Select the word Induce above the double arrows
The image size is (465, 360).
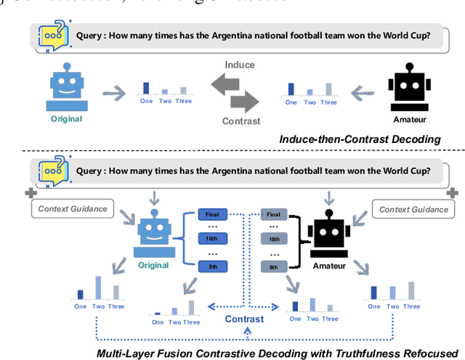(239, 65)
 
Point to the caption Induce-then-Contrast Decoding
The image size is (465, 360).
(360, 138)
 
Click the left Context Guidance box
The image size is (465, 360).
(70, 209)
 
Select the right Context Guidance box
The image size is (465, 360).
(411, 209)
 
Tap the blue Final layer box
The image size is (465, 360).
(214, 215)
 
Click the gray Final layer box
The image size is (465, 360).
(273, 215)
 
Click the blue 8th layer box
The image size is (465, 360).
(214, 267)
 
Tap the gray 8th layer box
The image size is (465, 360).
(273, 267)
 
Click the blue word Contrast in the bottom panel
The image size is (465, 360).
(244, 318)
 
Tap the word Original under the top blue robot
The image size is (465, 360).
(66, 118)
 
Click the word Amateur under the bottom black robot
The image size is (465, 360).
(329, 267)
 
